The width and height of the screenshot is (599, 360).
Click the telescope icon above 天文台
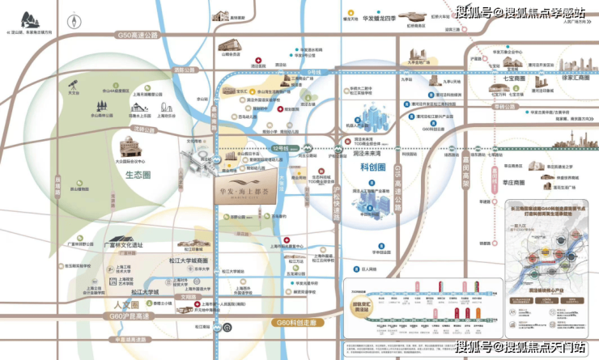tap(74, 83)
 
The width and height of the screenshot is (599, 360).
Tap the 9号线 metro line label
tap(314, 73)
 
